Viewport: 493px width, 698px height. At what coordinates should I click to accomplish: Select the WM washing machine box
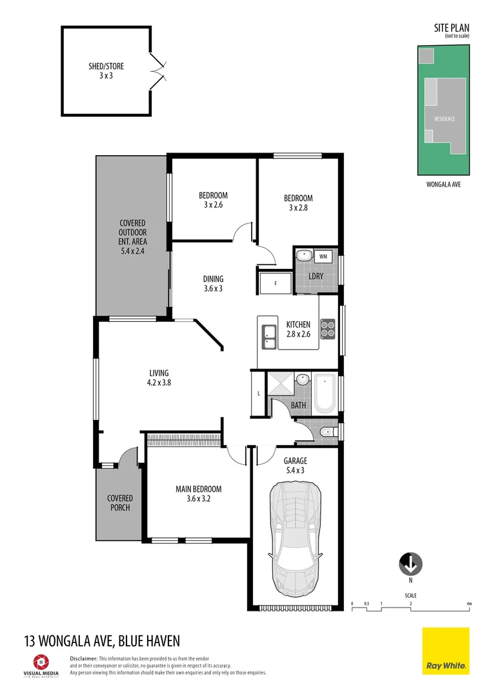point(323,257)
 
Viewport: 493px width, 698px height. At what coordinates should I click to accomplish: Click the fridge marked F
point(276,283)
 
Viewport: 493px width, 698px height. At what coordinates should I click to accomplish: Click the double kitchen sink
point(268,333)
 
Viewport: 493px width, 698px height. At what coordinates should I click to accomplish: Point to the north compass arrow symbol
point(410,564)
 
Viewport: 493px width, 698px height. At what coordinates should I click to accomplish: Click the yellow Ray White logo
point(446,651)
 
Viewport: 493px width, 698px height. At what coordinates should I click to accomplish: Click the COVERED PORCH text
point(120,503)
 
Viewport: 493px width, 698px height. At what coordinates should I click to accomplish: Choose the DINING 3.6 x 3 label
point(213,284)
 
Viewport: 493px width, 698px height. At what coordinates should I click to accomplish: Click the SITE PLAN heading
point(451,28)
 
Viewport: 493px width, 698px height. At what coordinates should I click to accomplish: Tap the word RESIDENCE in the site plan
point(444,119)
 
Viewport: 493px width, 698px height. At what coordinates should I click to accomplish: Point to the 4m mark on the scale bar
point(469,604)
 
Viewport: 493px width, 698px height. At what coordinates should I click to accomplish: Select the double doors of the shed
point(157,71)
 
